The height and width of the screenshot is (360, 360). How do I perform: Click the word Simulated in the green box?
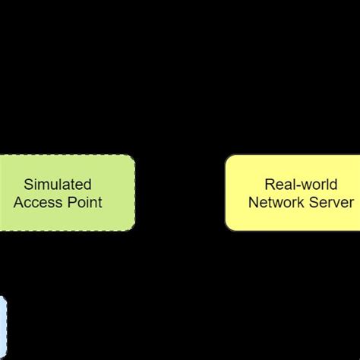pos(58,185)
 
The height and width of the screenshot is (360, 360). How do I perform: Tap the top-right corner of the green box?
pos(134,157)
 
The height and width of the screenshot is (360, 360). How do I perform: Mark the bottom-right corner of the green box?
pos(134,229)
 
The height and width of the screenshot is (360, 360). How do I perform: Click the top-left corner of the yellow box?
pos(226,157)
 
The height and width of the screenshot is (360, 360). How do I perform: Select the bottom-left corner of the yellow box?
pos(226,229)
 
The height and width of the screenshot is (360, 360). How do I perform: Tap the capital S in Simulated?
pos(28,185)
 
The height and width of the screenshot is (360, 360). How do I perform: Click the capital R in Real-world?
pos(269,185)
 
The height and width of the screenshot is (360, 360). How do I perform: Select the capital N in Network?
pos(254,203)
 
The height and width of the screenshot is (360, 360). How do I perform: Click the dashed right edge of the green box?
pos(135,193)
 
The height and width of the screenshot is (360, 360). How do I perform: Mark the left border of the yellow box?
pos(226,193)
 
